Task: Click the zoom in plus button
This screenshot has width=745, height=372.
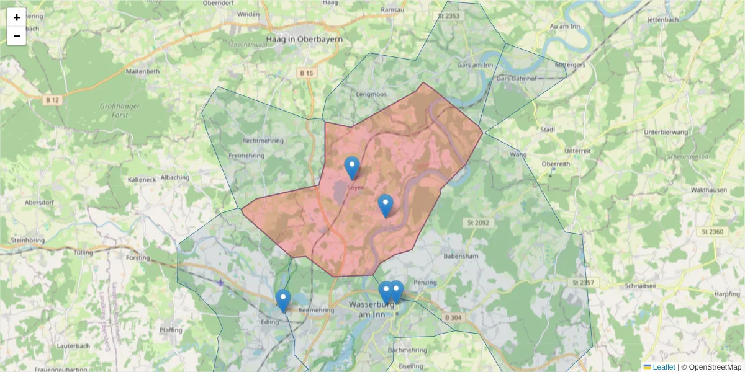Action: click(17, 17)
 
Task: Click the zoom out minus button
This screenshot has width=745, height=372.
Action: click(17, 36)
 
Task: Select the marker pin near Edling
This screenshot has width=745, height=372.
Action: click(282, 300)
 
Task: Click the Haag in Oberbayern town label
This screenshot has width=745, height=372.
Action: click(304, 38)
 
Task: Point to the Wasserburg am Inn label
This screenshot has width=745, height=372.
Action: click(372, 309)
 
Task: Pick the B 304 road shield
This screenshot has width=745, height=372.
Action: click(454, 317)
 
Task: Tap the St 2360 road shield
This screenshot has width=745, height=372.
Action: click(712, 231)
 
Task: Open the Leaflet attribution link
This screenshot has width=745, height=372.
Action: click(664, 367)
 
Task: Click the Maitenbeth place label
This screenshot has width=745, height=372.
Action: click(143, 71)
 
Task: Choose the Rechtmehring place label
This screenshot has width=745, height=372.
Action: click(263, 141)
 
